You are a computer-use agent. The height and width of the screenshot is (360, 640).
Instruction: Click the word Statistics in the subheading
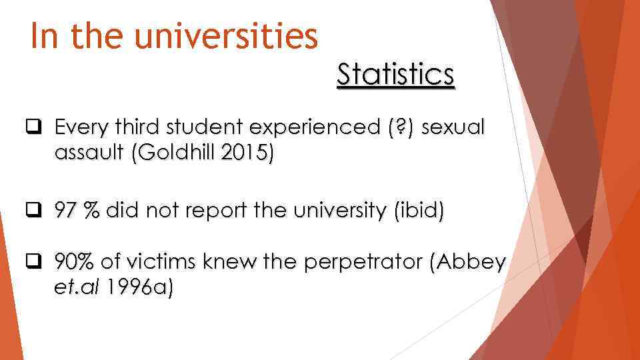point(395,75)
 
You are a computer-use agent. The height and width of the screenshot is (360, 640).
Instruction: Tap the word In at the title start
point(45,37)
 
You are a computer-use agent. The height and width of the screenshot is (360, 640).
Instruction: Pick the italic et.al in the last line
point(79,290)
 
